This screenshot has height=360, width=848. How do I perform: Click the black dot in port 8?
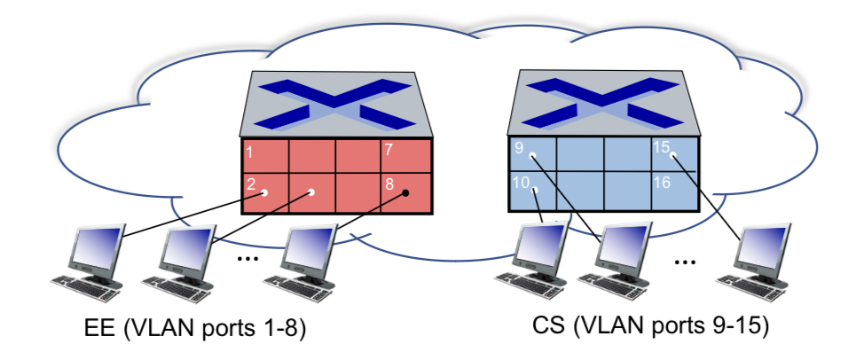coord(405,192)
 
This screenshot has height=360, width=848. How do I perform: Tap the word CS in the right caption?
coord(550,327)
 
